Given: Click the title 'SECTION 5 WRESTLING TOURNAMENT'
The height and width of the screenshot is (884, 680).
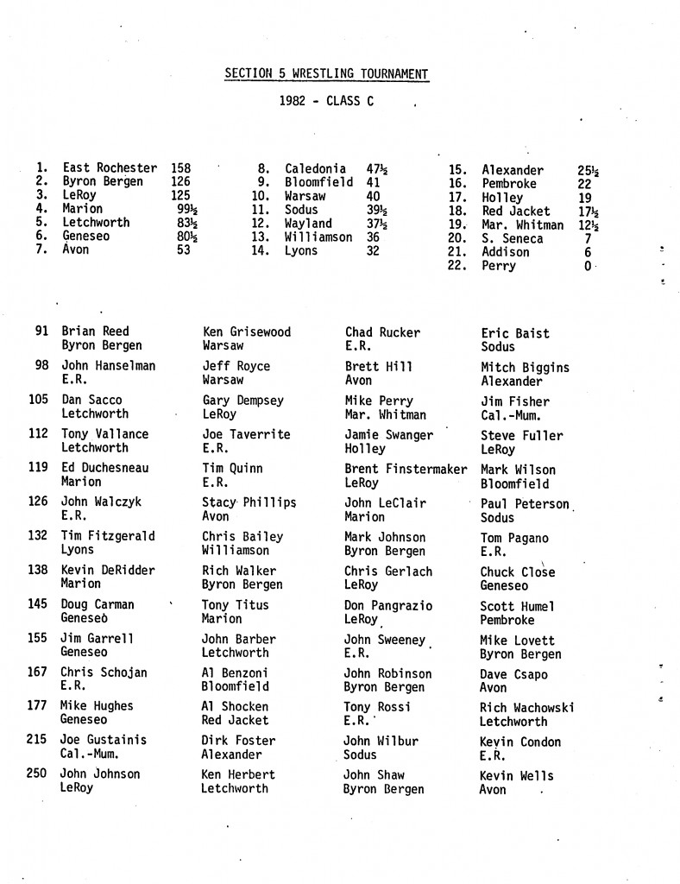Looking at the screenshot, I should (x=326, y=74).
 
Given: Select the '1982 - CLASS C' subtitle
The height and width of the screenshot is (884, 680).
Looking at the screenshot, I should (x=326, y=101).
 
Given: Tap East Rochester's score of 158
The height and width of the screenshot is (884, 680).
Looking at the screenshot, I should (x=181, y=168).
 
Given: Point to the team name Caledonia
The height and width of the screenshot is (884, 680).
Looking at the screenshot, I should (x=315, y=169).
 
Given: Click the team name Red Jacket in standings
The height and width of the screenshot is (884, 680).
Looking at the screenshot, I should (x=515, y=212).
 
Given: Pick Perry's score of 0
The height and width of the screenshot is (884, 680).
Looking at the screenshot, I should (x=588, y=267).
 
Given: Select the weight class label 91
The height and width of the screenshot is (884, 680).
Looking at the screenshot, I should (x=41, y=331).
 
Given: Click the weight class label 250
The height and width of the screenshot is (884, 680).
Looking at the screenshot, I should (x=36, y=773).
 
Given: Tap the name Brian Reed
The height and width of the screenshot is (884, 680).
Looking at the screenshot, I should (x=95, y=331).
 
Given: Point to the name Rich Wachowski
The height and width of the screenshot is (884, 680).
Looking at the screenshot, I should (x=526, y=708).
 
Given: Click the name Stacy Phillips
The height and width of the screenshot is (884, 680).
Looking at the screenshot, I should (x=249, y=502).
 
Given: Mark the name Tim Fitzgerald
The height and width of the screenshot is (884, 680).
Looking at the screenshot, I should (x=108, y=536).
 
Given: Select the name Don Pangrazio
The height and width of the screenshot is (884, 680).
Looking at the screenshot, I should (x=388, y=605).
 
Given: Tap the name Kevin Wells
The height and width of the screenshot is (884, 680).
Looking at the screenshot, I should (x=516, y=776).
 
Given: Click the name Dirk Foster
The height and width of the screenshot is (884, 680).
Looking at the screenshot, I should (x=238, y=741).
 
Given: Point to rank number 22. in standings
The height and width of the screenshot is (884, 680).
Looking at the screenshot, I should (x=456, y=267).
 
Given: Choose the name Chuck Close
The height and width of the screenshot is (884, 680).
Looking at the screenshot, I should (x=517, y=571).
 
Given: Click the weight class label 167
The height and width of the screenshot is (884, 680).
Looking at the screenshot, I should (x=36, y=672).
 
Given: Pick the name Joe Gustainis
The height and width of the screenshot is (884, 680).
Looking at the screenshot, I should (x=104, y=740).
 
